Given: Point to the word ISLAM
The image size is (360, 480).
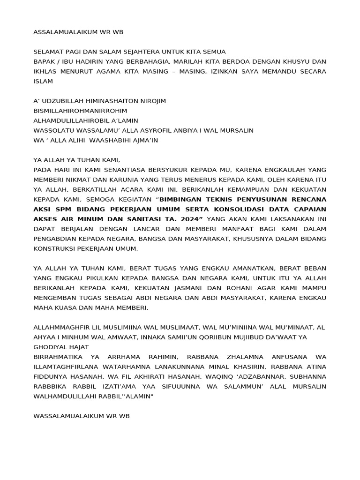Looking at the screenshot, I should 43,81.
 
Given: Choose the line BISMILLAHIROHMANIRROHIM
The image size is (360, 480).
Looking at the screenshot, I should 80,111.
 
